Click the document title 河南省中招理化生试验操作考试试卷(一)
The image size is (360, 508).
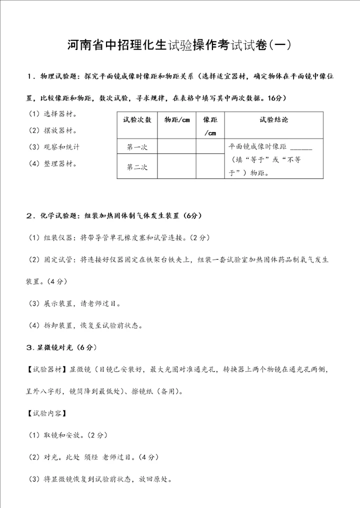179,45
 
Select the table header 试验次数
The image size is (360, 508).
136,120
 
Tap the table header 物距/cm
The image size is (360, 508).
176,120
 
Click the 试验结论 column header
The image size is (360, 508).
273,120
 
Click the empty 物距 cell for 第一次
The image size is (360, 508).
176,147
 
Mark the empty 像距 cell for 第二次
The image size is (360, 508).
210,167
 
